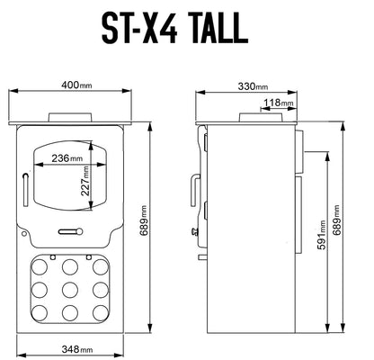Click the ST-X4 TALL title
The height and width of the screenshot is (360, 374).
click(174, 29)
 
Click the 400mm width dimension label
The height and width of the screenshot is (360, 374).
click(76, 85)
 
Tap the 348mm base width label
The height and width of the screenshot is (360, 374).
click(77, 349)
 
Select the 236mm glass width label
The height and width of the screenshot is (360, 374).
click(67, 157)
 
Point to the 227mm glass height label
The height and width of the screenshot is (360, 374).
click(85, 181)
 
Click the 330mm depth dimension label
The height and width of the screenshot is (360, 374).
click(253, 86)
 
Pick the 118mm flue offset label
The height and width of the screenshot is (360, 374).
click(278, 103)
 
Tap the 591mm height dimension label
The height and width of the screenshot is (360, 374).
click(321, 235)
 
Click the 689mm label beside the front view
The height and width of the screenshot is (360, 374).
click(143, 220)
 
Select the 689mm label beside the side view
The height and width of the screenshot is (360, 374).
click(336, 220)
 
